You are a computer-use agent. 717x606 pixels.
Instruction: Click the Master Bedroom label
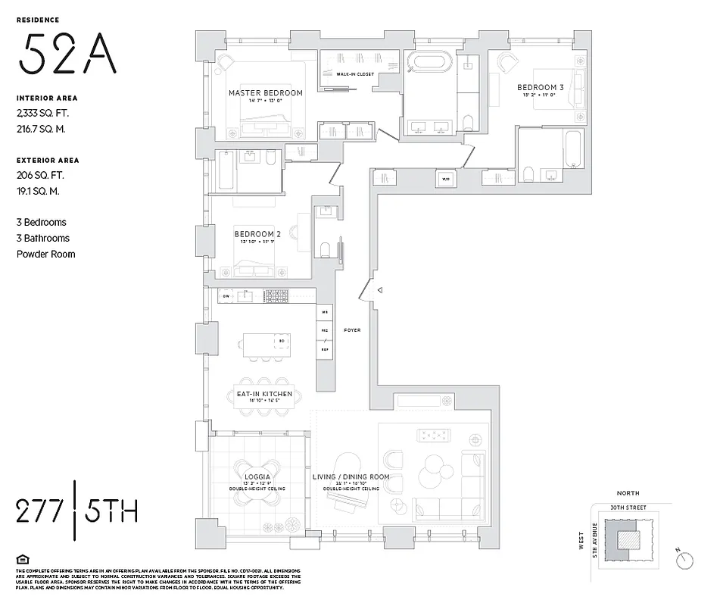(x=265, y=93)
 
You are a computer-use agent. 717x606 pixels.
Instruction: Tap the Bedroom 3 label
(x=540, y=88)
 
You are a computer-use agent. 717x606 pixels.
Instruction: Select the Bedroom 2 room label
(x=257, y=233)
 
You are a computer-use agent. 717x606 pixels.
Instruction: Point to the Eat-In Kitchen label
(x=263, y=394)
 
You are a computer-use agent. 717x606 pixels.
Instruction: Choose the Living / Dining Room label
(x=351, y=477)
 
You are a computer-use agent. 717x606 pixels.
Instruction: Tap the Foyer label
(x=351, y=330)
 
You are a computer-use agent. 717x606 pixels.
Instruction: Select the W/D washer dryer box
(x=445, y=179)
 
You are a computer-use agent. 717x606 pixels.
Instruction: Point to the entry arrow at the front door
(x=381, y=290)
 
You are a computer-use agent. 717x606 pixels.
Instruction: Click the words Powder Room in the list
(x=46, y=254)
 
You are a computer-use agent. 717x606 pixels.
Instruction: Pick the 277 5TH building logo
(x=76, y=511)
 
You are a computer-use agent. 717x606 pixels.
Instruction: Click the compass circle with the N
(x=686, y=559)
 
